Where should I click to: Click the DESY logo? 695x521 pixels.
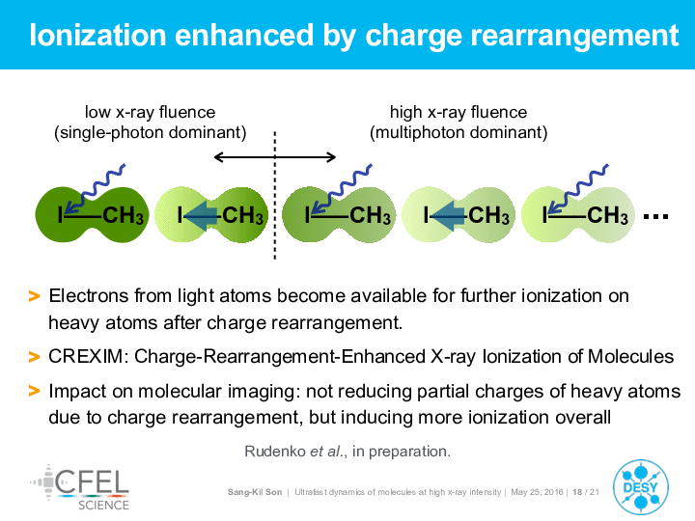tap(641, 487)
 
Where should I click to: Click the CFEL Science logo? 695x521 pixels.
tap(80, 488)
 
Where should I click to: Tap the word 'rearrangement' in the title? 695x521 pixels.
tap(574, 36)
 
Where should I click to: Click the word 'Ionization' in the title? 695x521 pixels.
tap(97, 35)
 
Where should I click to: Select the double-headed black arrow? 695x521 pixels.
tap(275, 157)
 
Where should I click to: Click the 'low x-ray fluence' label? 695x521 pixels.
tap(150, 112)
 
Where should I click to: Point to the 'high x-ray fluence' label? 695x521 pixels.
tap(459, 112)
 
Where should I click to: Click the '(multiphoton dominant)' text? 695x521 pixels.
tap(459, 132)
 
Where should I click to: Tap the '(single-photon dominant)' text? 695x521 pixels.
tap(150, 132)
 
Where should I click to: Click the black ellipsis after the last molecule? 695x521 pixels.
tap(655, 216)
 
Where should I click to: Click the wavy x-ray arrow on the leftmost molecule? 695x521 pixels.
tap(95, 189)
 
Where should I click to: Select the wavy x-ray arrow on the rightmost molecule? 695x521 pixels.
tap(577, 189)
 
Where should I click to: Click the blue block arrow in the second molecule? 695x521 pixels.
tap(202, 216)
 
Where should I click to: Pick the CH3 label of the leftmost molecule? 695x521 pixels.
tap(124, 216)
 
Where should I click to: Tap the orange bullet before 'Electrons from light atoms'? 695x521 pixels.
tap(34, 296)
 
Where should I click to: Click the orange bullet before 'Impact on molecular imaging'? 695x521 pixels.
tap(34, 391)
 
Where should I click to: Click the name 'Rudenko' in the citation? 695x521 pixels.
tap(275, 452)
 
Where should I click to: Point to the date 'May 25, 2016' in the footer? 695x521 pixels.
tap(537, 492)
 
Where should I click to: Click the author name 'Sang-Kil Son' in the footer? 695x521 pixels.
tap(255, 492)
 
